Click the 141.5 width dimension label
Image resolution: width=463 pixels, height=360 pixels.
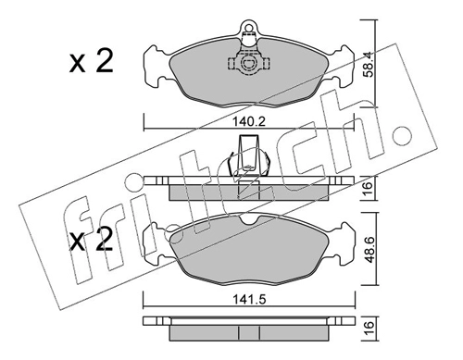point(249,299)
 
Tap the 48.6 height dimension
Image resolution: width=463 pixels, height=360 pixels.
point(369,249)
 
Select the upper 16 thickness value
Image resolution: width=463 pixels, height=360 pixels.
point(368,188)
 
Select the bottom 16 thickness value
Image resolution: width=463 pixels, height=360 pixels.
point(368,329)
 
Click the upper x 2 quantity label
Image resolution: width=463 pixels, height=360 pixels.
point(91,61)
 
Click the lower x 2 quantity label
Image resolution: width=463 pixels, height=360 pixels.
point(91,240)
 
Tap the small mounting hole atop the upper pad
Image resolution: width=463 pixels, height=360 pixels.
point(248,26)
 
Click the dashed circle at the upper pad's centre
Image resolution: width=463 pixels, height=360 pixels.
point(248,63)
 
